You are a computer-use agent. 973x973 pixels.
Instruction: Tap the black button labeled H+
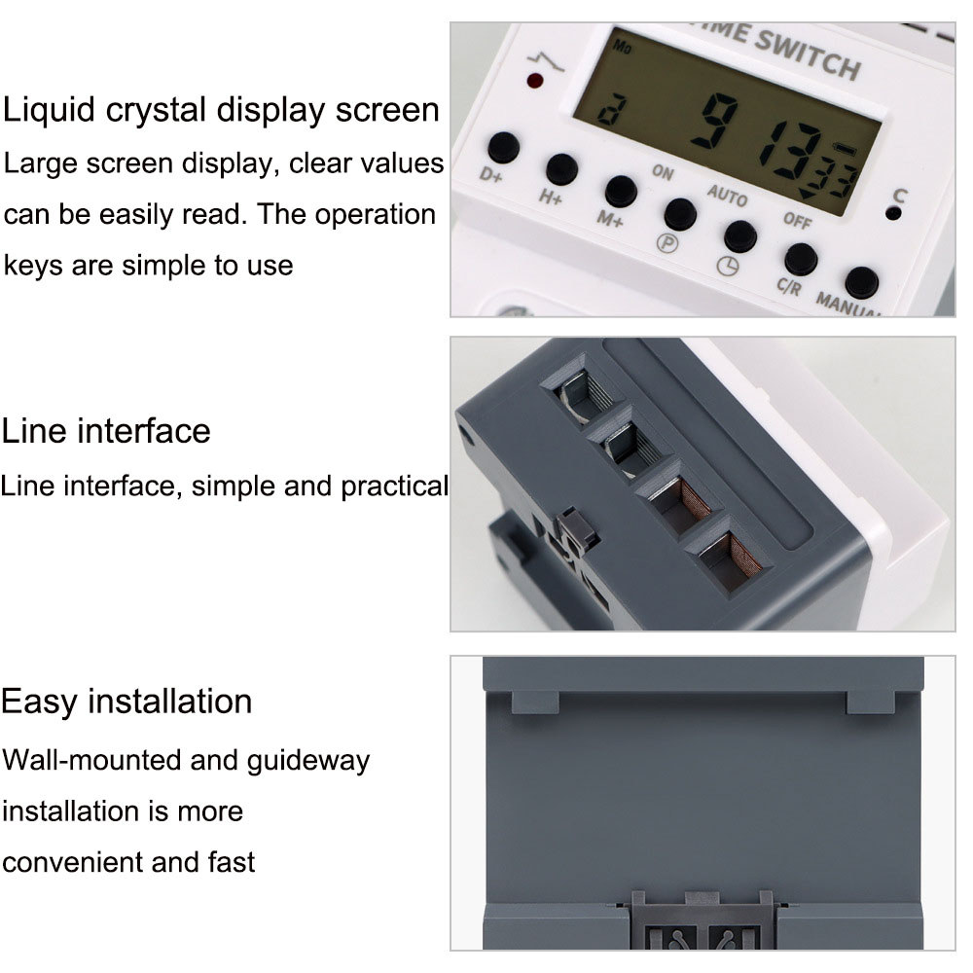click(561, 170)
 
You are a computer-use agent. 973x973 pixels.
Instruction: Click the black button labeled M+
click(621, 191)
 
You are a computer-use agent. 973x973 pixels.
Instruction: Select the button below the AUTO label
click(739, 235)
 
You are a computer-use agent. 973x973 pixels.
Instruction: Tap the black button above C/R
click(800, 259)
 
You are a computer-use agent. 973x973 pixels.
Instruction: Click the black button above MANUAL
click(861, 282)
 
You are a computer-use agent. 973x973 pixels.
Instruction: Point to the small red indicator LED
click(534, 81)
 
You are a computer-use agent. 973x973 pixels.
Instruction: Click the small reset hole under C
click(893, 213)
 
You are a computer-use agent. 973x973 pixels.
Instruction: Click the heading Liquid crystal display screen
click(222, 110)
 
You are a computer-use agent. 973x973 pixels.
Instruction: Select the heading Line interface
click(106, 430)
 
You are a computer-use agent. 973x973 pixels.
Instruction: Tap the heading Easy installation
click(126, 701)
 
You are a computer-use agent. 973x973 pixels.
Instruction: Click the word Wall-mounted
click(92, 759)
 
